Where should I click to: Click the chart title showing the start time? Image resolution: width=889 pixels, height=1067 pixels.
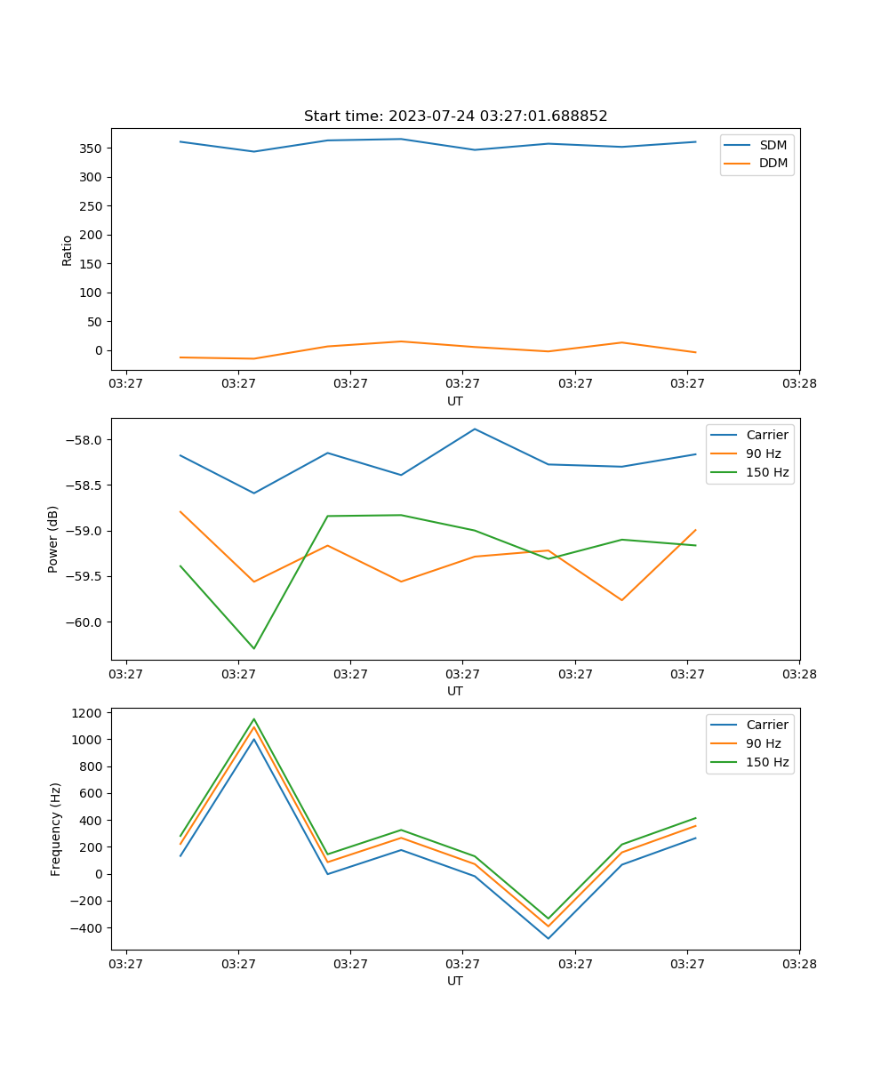point(455,116)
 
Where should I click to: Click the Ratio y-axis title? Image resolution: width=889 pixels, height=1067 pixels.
point(68,250)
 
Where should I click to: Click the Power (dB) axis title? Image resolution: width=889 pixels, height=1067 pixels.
point(54,539)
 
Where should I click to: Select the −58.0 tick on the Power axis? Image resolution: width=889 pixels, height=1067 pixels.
point(84,440)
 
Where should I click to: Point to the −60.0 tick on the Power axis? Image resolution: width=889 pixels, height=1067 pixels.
point(84,622)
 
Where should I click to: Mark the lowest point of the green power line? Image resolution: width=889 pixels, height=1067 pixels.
point(254,648)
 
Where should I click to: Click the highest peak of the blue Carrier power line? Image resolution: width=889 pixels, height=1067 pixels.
point(475,429)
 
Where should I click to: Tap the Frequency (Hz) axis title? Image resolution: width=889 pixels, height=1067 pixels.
point(56,829)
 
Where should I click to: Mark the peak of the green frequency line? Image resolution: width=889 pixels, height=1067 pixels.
point(254,719)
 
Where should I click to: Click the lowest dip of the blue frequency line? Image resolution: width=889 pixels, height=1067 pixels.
point(548,938)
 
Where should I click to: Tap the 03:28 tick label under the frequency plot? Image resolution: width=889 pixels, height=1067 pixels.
point(798,962)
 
